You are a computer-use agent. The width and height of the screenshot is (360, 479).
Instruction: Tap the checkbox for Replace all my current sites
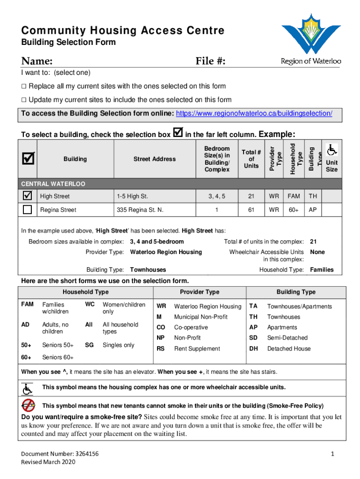click(24, 86)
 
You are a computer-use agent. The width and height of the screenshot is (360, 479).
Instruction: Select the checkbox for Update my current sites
click(24, 100)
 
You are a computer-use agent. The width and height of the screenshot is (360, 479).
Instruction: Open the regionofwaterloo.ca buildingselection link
click(254, 114)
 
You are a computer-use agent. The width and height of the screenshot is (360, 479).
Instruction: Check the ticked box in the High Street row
click(28, 196)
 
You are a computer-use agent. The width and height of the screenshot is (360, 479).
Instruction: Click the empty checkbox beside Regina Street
click(28, 210)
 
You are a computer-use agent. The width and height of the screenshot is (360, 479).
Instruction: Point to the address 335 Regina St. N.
click(140, 210)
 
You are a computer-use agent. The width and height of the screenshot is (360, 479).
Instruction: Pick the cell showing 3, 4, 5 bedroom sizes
click(216, 196)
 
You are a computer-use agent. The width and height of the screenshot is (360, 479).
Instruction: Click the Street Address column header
click(154, 159)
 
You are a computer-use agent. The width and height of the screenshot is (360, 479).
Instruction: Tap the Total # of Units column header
click(251, 159)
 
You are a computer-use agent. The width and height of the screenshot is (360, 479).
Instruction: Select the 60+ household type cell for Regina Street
click(294, 210)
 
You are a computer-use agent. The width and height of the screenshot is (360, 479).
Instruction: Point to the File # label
click(210, 61)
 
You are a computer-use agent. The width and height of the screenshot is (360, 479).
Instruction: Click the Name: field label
click(36, 61)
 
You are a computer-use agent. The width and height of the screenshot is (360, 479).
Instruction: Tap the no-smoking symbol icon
click(29, 405)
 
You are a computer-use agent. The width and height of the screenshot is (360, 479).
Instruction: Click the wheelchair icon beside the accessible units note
click(28, 388)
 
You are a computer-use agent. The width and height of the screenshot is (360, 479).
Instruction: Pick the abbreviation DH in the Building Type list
click(253, 348)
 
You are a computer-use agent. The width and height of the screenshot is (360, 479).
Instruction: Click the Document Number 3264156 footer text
click(60, 454)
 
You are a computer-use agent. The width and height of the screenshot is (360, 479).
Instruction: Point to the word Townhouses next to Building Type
click(148, 270)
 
